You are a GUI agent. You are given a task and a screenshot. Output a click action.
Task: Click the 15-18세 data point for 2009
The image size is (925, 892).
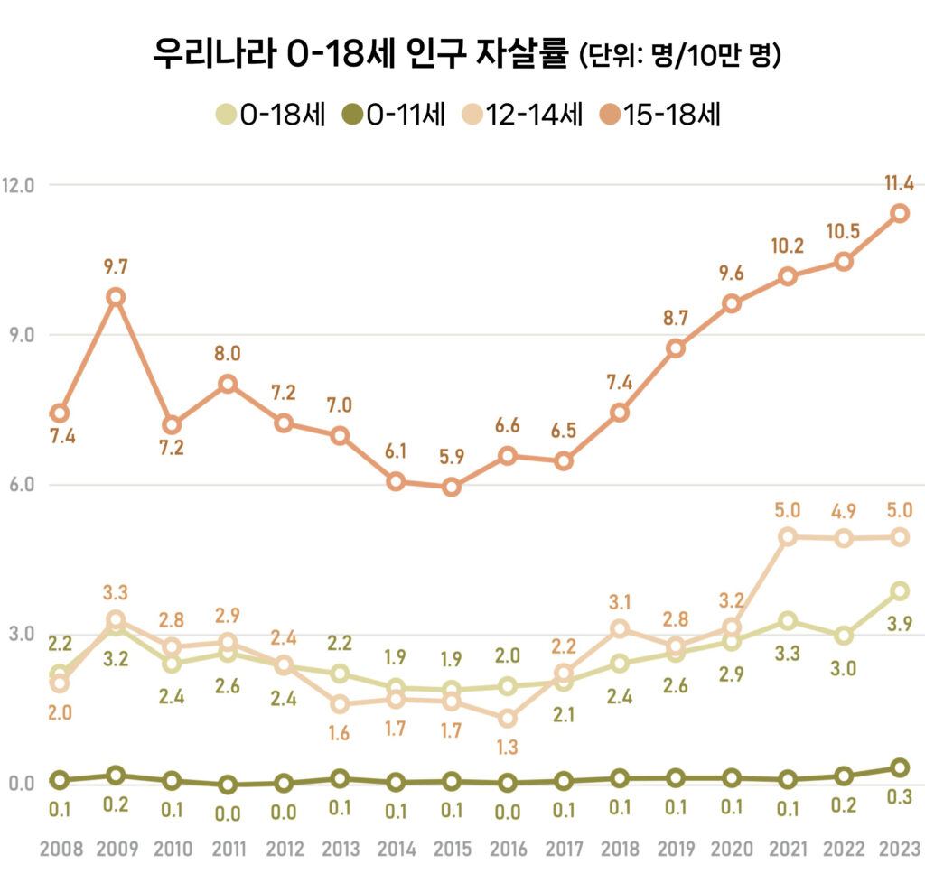click(116, 297)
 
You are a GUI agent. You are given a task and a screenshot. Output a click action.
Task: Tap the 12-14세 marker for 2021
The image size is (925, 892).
click(788, 536)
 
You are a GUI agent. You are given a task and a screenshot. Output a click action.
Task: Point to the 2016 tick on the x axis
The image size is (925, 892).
click(508, 850)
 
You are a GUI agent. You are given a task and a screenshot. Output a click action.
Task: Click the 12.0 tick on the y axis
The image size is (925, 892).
click(18, 185)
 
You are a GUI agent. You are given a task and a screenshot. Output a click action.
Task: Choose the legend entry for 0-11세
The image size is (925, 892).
click(394, 115)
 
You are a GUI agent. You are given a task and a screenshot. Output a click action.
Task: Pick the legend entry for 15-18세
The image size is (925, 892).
click(661, 115)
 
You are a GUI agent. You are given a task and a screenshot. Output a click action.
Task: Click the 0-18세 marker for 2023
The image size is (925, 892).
click(900, 590)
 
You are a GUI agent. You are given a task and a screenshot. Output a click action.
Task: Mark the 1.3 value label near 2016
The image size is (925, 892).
click(508, 748)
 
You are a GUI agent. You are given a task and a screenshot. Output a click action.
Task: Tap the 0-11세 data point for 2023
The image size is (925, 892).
click(900, 767)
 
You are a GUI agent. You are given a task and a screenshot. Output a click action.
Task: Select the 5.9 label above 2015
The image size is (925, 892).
click(452, 457)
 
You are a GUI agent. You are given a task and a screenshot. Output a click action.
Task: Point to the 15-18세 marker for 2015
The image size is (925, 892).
click(452, 488)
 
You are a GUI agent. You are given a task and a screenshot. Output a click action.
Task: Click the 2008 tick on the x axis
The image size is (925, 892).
click(61, 850)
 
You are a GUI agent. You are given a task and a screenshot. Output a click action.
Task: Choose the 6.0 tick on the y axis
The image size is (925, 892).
click(18, 485)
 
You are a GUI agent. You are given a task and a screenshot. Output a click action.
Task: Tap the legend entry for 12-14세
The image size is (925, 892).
click(526, 115)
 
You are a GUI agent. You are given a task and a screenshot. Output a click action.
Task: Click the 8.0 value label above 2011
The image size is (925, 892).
click(228, 353)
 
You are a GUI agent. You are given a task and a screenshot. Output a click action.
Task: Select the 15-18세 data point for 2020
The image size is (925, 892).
click(732, 303)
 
